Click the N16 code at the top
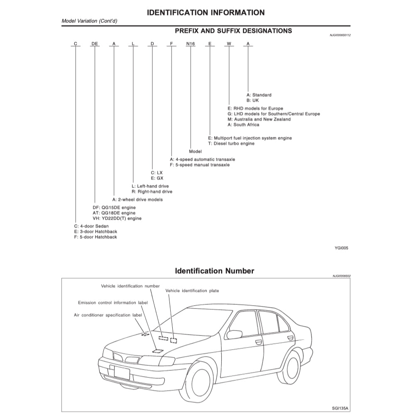190,44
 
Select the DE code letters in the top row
95,44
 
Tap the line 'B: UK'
252,100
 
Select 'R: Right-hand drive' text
152,192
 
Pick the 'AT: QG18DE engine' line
114,213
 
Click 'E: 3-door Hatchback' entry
96,232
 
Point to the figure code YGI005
341,248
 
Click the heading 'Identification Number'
214,271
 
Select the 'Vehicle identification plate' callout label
192,291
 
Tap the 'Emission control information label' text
113,303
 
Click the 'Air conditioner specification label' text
108,315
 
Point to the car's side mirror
234,334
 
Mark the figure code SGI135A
341,409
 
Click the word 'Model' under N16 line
195,152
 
